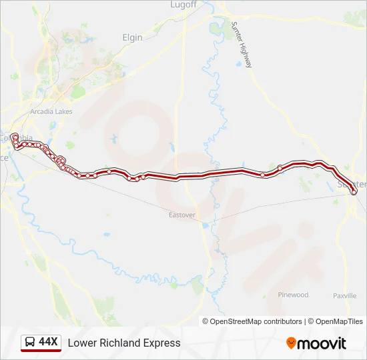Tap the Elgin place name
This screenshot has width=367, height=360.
[x=133, y=37]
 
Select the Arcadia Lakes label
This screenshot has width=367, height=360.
[x=50, y=111]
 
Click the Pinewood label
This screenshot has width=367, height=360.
[x=294, y=295]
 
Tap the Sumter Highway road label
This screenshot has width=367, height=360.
[x=242, y=44]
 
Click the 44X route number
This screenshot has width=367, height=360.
[x=49, y=342]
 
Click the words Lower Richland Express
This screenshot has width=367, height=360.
[x=124, y=343]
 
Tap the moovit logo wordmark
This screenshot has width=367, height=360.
[x=322, y=343]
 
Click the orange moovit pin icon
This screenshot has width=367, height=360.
[x=291, y=343]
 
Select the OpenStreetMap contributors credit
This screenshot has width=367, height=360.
[x=256, y=321]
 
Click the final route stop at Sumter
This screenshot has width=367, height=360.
[x=353, y=191]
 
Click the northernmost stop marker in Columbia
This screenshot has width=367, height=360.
[x=15, y=137]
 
